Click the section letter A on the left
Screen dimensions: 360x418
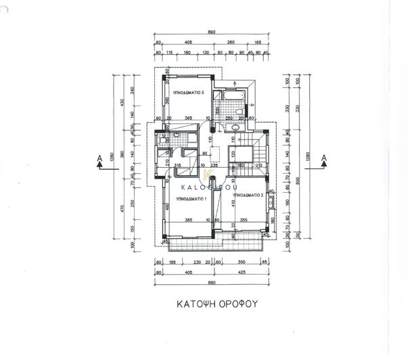100,159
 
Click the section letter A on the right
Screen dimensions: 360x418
324,159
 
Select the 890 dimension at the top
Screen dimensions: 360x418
212,32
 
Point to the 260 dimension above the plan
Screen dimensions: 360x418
231,42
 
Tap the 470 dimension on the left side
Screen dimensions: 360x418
122,209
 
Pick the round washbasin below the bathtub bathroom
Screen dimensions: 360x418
233,129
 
